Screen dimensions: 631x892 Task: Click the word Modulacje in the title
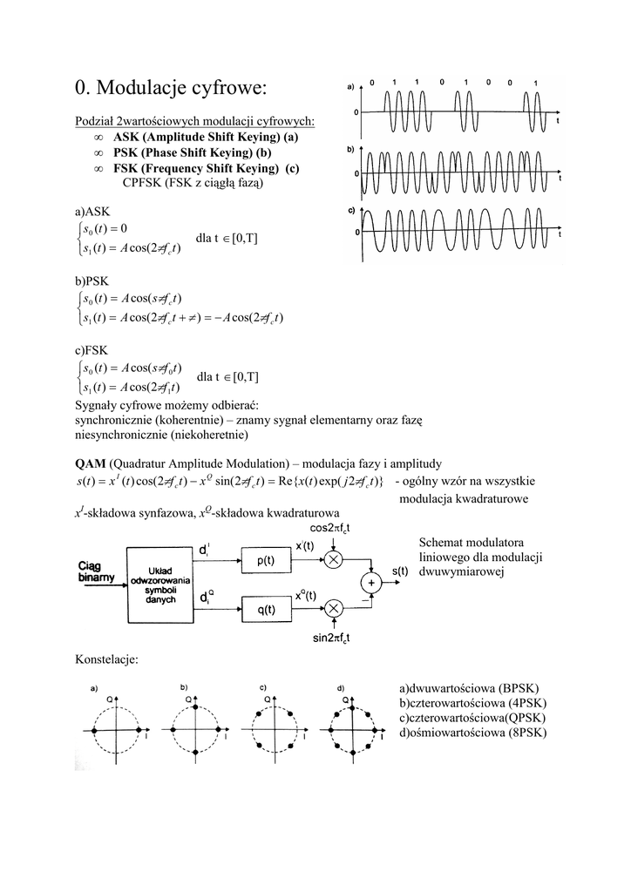[139, 88]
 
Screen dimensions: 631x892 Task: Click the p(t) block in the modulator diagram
[265, 561]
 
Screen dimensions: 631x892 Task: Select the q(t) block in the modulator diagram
[265, 612]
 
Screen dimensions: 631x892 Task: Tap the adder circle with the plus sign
[372, 582]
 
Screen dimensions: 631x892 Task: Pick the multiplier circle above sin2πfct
[332, 605]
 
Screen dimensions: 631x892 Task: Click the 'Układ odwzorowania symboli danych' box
[163, 584]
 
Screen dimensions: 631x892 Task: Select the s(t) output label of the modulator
[401, 572]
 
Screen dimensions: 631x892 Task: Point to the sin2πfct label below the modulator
[331, 639]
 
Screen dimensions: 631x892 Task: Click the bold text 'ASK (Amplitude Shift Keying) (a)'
[206, 137]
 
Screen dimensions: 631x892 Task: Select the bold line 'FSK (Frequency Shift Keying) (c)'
[207, 168]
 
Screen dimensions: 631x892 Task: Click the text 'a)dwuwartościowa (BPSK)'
[472, 688]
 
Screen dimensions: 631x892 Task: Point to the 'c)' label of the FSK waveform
[350, 212]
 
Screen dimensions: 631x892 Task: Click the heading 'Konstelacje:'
[107, 660]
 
